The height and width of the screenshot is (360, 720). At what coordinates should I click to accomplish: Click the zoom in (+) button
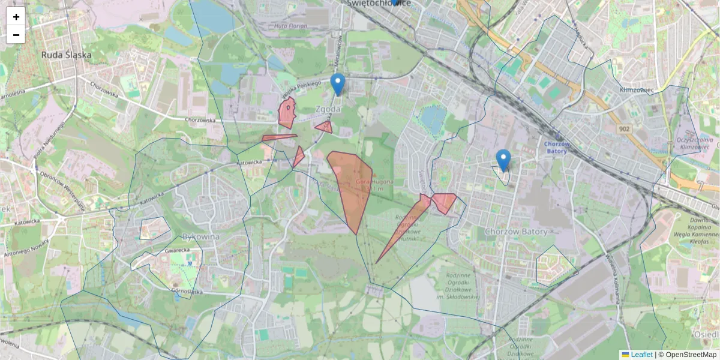coord(16,17)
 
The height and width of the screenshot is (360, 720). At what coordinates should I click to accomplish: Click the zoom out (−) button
coord(16,35)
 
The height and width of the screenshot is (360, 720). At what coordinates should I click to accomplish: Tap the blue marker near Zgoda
coord(338,85)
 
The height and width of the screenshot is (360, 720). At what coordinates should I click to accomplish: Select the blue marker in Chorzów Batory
coord(503,160)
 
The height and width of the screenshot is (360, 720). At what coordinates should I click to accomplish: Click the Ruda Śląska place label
coord(67,55)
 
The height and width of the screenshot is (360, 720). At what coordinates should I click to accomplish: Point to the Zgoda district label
coord(328,109)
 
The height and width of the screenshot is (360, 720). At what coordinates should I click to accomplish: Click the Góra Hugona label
coord(374,181)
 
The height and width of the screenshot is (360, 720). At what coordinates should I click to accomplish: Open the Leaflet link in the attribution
coord(641,355)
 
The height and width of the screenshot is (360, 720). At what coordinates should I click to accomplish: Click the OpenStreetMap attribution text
coord(687,355)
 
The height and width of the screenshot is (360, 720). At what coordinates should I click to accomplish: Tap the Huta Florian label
coord(290,26)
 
